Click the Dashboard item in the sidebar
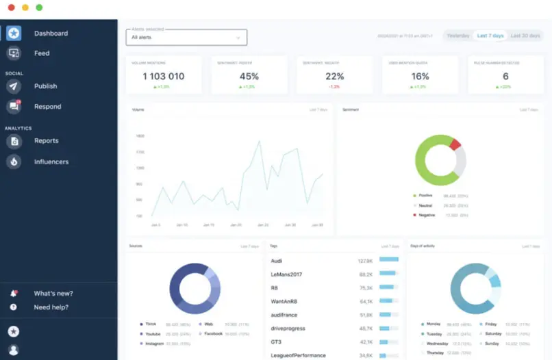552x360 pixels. [51, 34]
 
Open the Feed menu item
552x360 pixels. [42, 53]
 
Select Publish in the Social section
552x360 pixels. [45, 86]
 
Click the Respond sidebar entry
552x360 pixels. [47, 107]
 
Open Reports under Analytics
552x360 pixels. [46, 141]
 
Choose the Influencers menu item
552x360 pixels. [51, 162]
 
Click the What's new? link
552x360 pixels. [53, 294]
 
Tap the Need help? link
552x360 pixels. [51, 307]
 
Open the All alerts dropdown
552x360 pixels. [186, 37]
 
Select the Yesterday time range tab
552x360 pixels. [458, 36]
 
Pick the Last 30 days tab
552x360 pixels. [525, 36]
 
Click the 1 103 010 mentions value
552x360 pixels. [163, 77]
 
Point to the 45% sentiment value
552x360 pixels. [249, 77]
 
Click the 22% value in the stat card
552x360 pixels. [334, 77]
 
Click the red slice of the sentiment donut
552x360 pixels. [455, 144]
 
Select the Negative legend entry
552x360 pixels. [426, 215]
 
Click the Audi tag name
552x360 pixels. [277, 261]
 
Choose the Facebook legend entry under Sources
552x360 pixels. [213, 333]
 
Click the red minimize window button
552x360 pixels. [11, 7]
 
